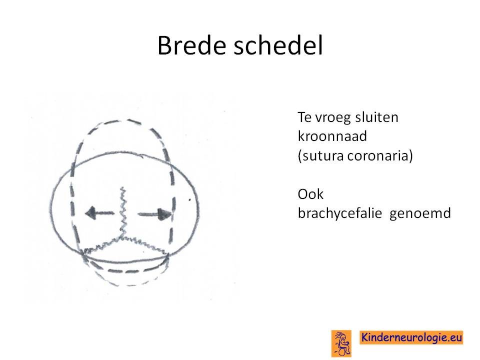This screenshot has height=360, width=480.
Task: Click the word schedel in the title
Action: click(278, 45)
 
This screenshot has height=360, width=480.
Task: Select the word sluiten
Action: click(377, 117)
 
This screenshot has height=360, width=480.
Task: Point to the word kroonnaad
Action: click(332, 136)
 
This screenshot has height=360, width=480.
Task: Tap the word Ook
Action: click(310, 194)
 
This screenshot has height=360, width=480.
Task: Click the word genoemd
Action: click(420, 213)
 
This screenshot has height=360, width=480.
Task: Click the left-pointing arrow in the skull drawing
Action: click(99, 213)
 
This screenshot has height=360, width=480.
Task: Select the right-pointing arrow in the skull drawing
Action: click(154, 214)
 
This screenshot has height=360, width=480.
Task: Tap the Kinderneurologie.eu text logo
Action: click(411, 337)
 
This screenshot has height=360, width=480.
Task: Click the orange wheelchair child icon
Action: click(341, 343)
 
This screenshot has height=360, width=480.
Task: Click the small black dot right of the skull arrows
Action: click(190, 200)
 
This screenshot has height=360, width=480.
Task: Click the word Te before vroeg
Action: click(305, 117)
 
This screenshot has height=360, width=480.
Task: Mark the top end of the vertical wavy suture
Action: click(122, 187)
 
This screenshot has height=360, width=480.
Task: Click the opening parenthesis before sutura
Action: click(299, 156)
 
